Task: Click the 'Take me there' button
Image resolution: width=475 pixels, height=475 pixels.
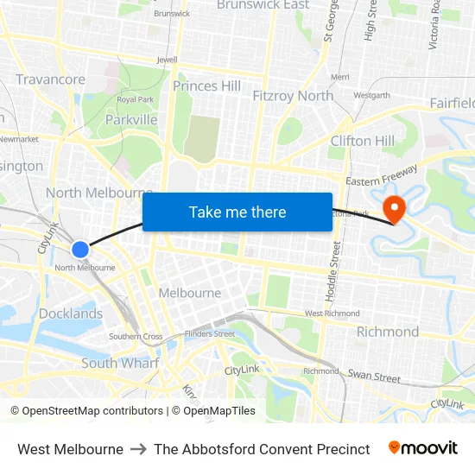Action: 237,212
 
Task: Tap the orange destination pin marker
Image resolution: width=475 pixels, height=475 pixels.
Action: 395,208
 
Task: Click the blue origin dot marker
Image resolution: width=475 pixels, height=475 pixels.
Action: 80,250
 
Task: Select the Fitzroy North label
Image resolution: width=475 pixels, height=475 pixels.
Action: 293,96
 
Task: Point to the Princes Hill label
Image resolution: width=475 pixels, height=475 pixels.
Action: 207,86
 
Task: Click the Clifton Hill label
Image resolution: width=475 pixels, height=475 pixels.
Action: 363,141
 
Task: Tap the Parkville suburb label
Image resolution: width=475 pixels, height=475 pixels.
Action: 131,120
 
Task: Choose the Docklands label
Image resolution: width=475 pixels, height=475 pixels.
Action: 71,313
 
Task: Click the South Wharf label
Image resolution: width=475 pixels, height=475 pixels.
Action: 120,363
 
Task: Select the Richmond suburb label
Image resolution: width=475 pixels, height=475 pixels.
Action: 388,332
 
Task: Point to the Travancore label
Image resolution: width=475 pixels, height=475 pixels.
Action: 51,79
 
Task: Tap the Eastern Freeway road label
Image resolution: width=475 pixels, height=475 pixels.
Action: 382,180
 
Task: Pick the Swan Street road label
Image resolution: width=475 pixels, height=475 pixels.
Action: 374,377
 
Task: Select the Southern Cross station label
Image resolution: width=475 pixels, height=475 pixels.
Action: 136,337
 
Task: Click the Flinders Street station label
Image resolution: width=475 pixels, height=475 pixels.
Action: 210,333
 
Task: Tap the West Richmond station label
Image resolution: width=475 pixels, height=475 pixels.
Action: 326,313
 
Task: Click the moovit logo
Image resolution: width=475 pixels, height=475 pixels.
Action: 423,448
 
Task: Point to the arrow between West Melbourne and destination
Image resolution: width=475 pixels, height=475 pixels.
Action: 138,449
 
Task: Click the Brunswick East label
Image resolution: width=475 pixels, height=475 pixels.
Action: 263,5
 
